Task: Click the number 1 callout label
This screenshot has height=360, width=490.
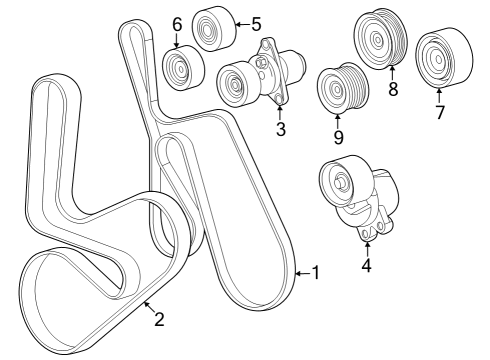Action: pos(316,272)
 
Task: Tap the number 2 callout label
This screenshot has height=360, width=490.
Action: pos(158,320)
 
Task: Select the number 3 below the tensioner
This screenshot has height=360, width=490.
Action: pos(281,129)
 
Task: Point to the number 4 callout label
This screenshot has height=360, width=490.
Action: pos(366,266)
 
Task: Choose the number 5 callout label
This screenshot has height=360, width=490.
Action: pos(255,23)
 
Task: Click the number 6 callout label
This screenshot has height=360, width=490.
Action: pos(177,24)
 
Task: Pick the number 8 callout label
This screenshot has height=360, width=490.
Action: pos(393,88)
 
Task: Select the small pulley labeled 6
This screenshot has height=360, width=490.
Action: pos(181,68)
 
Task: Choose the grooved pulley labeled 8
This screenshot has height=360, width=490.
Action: pos(378,40)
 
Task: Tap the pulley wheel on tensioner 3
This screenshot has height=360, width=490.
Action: pos(237,81)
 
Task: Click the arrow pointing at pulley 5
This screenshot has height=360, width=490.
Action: pos(240,23)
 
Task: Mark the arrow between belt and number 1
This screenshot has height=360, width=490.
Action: pos(302,272)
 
